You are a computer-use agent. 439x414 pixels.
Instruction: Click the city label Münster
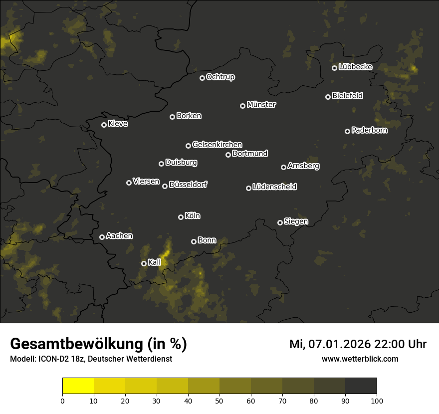pyautogui.click(x=261, y=105)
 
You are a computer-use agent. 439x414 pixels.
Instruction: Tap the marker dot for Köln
pyautogui.click(x=181, y=217)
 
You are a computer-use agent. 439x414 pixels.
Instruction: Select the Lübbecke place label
pyautogui.click(x=355, y=67)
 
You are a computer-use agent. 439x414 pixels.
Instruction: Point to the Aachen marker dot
pyautogui.click(x=102, y=237)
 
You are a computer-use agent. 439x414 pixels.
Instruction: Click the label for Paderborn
pyautogui.click(x=369, y=130)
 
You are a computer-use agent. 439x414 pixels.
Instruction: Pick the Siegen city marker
pyautogui.click(x=280, y=222)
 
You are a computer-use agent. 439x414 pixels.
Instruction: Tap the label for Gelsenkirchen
pyautogui.click(x=217, y=145)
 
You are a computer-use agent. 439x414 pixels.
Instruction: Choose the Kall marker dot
pyautogui.click(x=144, y=263)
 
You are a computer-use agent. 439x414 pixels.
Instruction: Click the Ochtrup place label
pyautogui.click(x=220, y=77)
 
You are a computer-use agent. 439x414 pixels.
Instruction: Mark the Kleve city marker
pyautogui.click(x=104, y=125)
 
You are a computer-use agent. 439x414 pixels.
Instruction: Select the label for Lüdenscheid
pyautogui.click(x=274, y=187)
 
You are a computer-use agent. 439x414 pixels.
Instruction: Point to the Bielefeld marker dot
pyautogui.click(x=328, y=97)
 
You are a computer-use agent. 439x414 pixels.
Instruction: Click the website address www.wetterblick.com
pyautogui.click(x=360, y=359)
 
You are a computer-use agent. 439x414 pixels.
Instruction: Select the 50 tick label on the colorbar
pyautogui.click(x=219, y=400)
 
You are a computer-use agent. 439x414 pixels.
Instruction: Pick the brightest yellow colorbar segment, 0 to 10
pyautogui.click(x=78, y=386)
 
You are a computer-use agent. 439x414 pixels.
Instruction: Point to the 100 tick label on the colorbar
pyautogui.click(x=377, y=400)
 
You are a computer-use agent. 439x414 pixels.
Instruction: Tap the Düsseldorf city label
pyautogui.click(x=188, y=185)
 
